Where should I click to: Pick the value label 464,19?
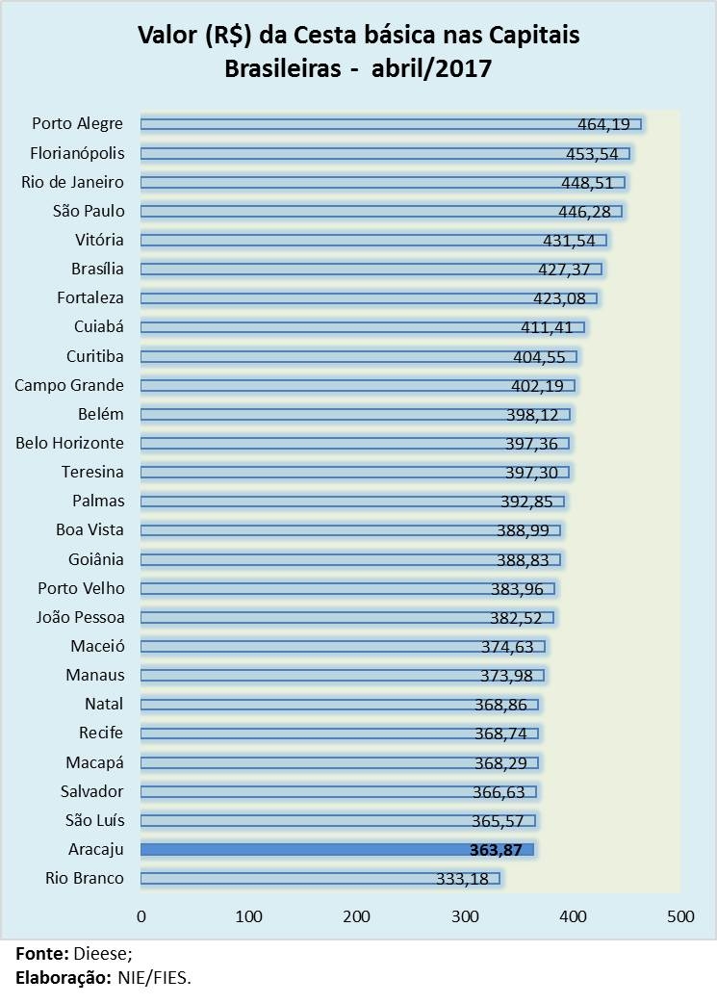[x=603, y=123]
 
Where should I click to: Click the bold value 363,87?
[x=497, y=849]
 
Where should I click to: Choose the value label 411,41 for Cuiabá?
[x=547, y=327]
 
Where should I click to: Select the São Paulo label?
[x=90, y=211]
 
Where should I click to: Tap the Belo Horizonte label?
[x=69, y=443]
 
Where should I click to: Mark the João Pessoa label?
[x=80, y=617]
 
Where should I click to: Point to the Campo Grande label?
[x=69, y=385]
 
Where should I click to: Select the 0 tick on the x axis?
[x=141, y=916]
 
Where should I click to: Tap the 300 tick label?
[x=465, y=916]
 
